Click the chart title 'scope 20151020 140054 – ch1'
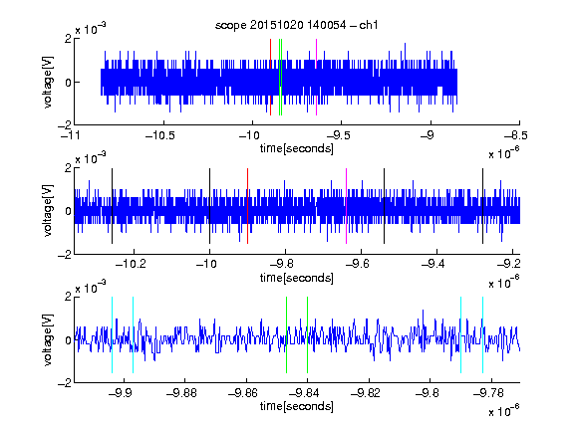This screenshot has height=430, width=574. click(296, 25)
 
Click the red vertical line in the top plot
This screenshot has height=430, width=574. click(270, 77)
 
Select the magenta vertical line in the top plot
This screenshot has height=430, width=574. click(316, 77)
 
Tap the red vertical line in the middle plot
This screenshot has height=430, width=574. click(247, 206)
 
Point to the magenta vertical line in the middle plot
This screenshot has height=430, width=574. click(346, 206)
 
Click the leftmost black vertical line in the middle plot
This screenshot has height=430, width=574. click(112, 206)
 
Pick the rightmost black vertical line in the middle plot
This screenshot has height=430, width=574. click(482, 206)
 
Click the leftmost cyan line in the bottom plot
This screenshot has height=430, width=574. click(112, 334)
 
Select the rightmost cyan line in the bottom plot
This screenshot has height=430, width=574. click(482, 334)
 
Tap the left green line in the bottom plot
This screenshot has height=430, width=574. click(286, 334)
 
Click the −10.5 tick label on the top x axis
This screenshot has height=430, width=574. click(160, 135)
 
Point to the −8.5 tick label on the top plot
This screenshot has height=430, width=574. click(516, 135)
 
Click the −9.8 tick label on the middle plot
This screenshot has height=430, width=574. click(285, 264)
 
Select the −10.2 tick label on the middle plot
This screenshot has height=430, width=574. click(131, 264)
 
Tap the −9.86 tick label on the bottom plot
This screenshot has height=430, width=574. click(243, 393)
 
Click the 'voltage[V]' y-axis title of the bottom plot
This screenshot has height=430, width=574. click(48, 339)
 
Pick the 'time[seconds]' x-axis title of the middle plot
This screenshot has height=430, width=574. click(297, 278)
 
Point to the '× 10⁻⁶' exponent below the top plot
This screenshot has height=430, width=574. click(504, 152)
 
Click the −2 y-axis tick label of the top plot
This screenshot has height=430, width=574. click(65, 125)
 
